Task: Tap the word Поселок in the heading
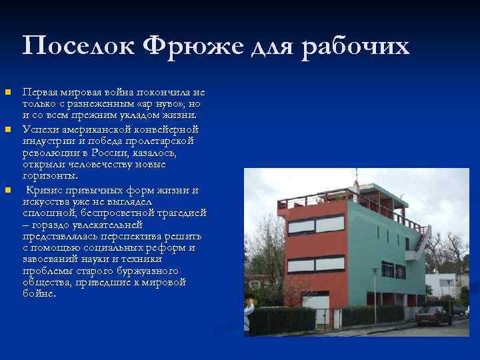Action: (77, 46)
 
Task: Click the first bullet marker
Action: (7, 91)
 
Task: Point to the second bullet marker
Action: (7, 129)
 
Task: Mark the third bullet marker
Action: (7, 190)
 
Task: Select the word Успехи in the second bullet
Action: (41, 129)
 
